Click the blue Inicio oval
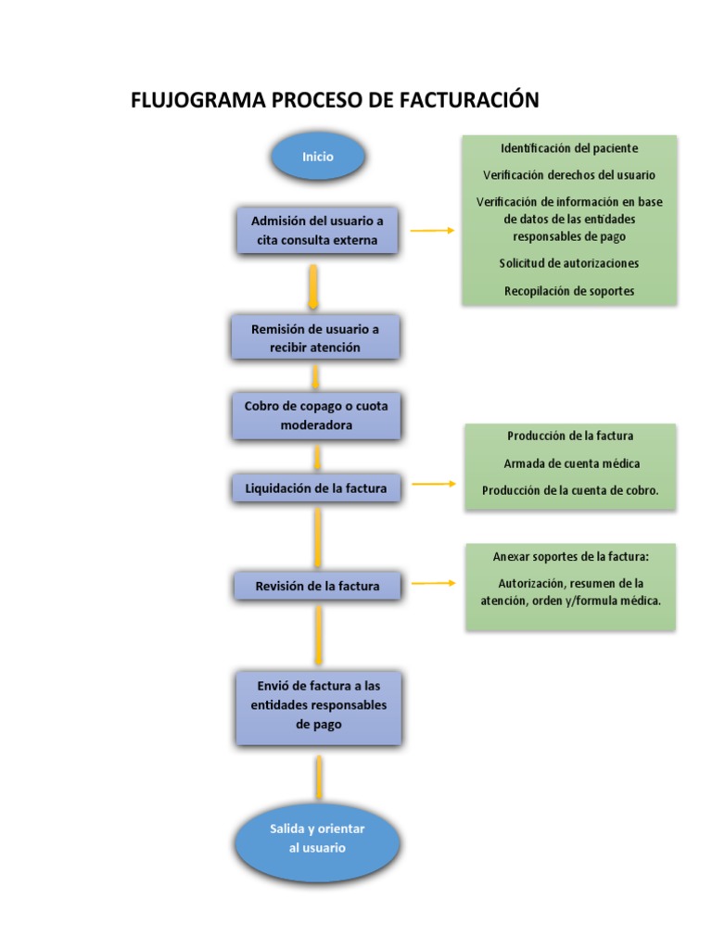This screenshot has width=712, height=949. (x=318, y=157)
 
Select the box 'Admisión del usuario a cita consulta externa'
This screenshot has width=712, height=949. (x=317, y=231)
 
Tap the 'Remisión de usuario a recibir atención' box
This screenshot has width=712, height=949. (x=316, y=338)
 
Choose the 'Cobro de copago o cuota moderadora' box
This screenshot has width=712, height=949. (x=316, y=416)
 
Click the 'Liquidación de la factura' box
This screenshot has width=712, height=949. (x=316, y=487)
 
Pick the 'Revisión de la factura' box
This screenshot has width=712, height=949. (x=316, y=586)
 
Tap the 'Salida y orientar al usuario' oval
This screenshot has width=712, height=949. (x=317, y=838)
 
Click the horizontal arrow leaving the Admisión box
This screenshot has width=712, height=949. (x=432, y=231)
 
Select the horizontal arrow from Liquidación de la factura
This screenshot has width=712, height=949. (x=433, y=484)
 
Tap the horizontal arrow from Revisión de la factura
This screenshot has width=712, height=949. (x=433, y=583)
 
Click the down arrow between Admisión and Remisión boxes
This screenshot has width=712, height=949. (x=314, y=287)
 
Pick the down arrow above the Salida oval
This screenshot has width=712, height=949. (x=319, y=777)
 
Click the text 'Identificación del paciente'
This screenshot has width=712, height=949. (x=569, y=148)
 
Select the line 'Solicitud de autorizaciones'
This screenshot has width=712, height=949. (x=569, y=263)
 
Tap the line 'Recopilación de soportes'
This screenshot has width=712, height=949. (x=569, y=291)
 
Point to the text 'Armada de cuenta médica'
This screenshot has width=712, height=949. (x=571, y=463)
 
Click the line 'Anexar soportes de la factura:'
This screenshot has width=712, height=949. (x=570, y=557)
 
